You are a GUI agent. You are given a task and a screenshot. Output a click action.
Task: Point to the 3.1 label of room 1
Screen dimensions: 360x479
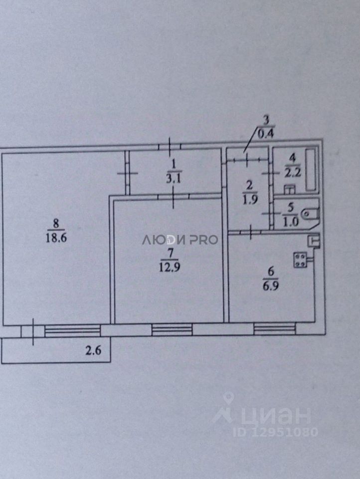[x=174, y=180]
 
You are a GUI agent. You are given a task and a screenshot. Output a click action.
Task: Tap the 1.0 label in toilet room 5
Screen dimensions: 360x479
[x=292, y=222]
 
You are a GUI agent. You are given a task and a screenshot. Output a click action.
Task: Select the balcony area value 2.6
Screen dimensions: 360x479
[x=93, y=350]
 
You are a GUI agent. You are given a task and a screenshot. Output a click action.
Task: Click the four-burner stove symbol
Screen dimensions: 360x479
[x=301, y=259]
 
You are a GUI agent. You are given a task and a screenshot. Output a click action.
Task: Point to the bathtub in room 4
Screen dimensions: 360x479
[x=312, y=169]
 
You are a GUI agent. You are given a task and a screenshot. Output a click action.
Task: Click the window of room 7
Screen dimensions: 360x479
[x=172, y=329]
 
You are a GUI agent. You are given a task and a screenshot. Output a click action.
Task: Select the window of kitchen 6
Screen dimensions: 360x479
[x=274, y=329]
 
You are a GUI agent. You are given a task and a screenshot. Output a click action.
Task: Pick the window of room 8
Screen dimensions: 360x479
[x=72, y=331]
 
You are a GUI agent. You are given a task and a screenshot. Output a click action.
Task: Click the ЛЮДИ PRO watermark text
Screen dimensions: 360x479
[x=180, y=239]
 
